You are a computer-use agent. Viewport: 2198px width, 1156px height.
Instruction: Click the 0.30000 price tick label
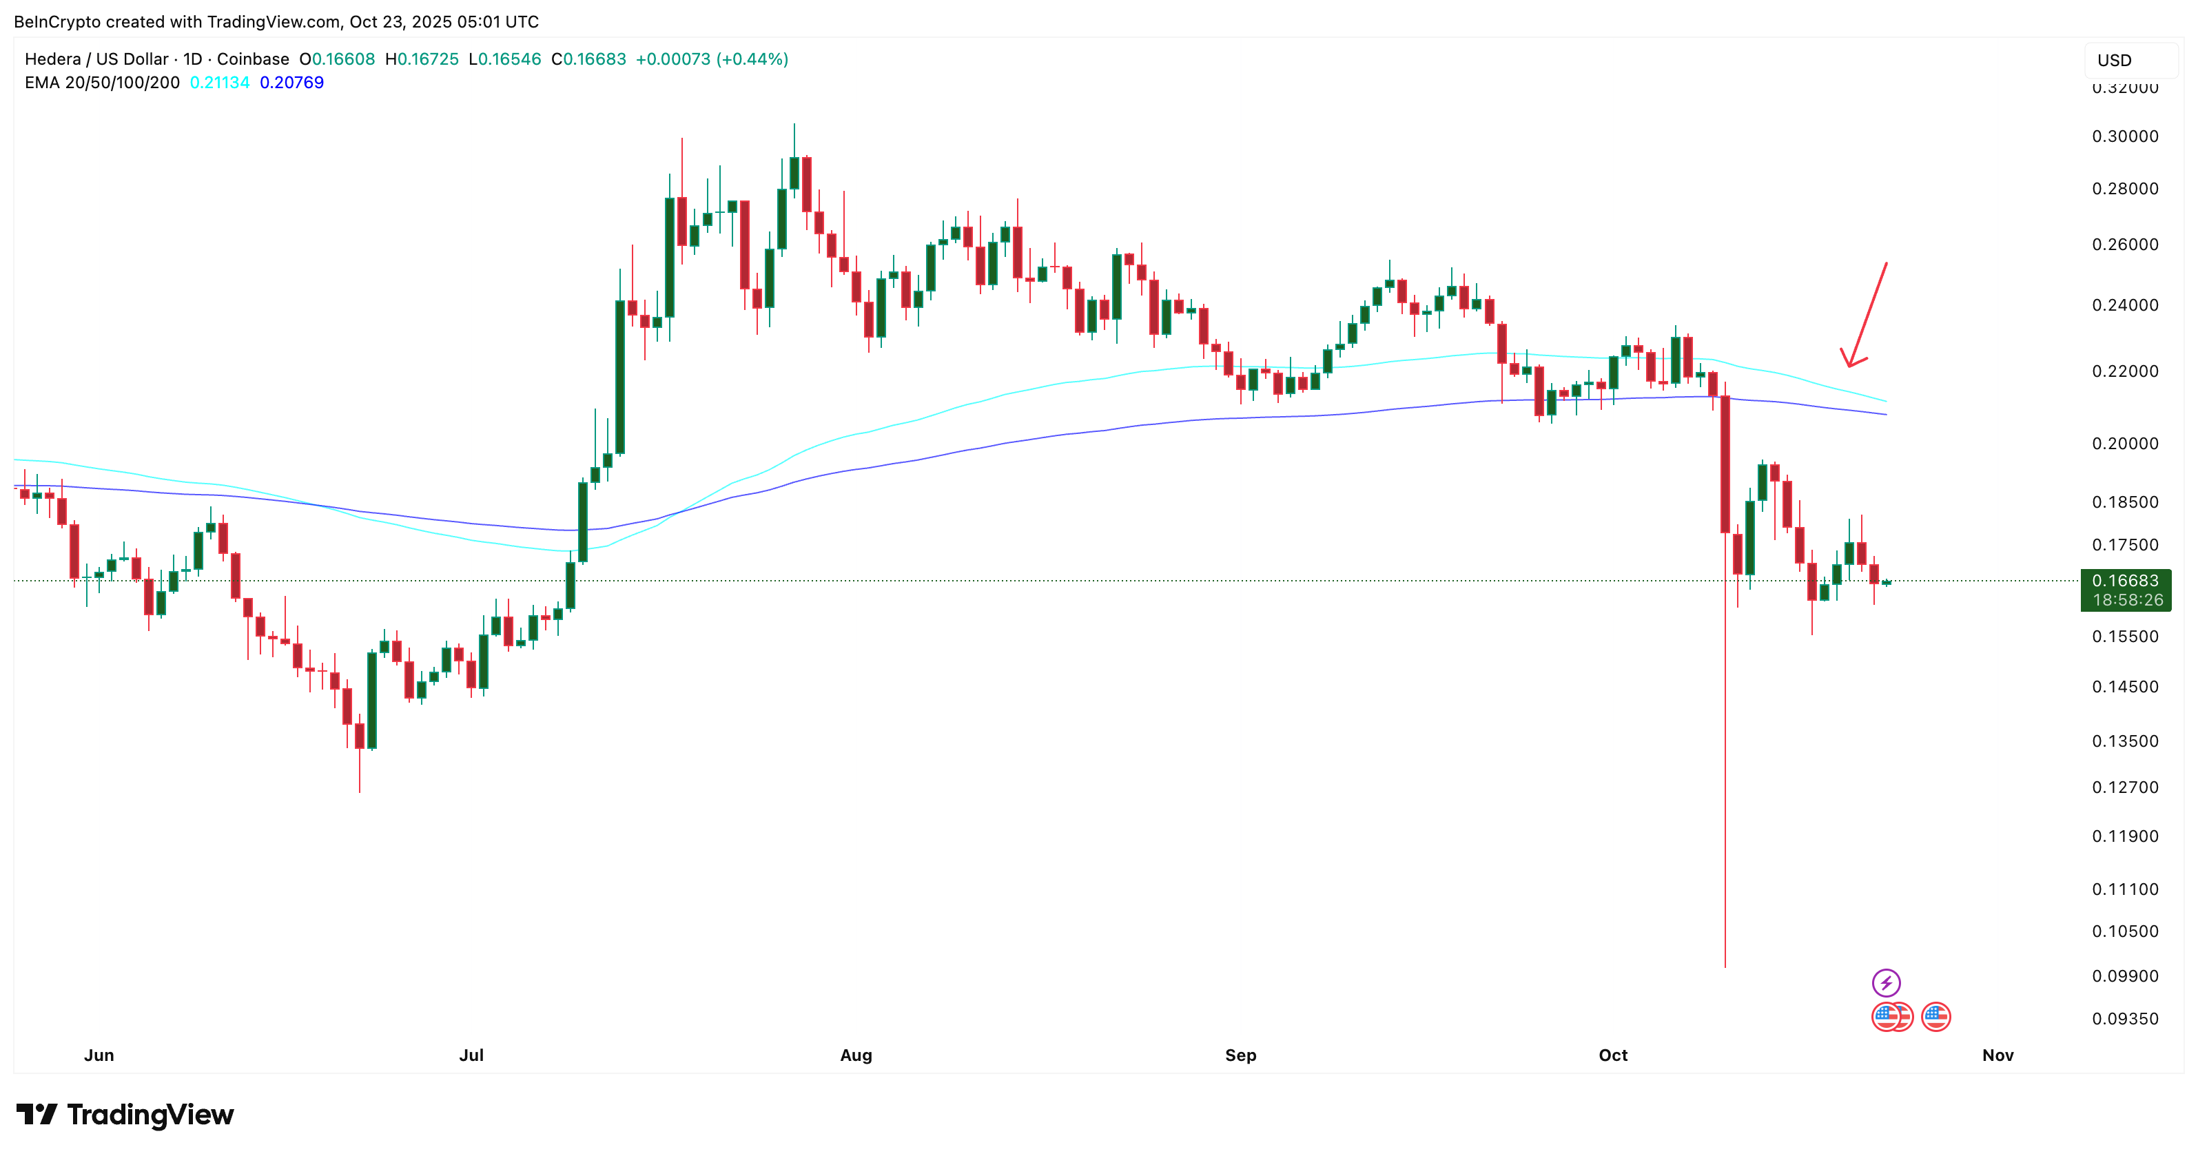click(2125, 136)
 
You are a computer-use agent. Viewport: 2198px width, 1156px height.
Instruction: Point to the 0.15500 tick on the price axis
click(2125, 637)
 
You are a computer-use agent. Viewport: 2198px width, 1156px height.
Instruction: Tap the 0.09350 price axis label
click(2125, 1019)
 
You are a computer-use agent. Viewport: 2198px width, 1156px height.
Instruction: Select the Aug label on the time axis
click(856, 1055)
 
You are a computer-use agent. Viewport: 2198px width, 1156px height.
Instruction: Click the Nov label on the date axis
click(1997, 1055)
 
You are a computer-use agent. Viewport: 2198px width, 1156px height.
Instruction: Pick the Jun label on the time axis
click(99, 1055)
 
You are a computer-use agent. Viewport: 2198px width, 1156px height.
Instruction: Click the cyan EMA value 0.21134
click(219, 83)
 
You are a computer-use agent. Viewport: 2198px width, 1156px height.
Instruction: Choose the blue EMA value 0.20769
click(292, 83)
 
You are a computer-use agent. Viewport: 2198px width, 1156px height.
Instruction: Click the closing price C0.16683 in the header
click(588, 59)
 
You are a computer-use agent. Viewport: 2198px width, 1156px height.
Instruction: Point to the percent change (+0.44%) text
click(752, 59)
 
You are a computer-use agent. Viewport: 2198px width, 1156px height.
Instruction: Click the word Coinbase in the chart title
click(253, 59)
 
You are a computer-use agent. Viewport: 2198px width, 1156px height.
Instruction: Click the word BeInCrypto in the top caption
click(57, 21)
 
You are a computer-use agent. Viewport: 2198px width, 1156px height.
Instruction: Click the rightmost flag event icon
click(1936, 1017)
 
